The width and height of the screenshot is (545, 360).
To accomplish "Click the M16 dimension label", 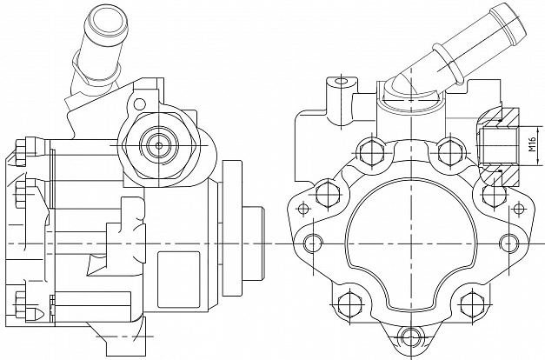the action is click(x=533, y=144).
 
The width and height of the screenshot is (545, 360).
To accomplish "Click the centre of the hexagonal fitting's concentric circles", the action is click(x=159, y=145).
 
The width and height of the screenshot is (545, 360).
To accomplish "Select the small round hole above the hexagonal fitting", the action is click(x=139, y=103).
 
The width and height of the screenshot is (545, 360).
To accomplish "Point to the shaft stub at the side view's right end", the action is click(x=253, y=243).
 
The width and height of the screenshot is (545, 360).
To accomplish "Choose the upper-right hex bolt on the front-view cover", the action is click(x=449, y=151).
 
